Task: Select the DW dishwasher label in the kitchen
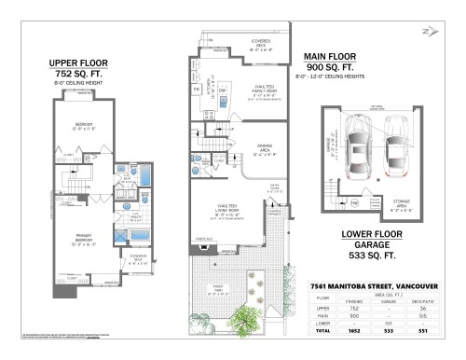click(x=224, y=90)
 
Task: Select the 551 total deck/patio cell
click(x=422, y=330)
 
